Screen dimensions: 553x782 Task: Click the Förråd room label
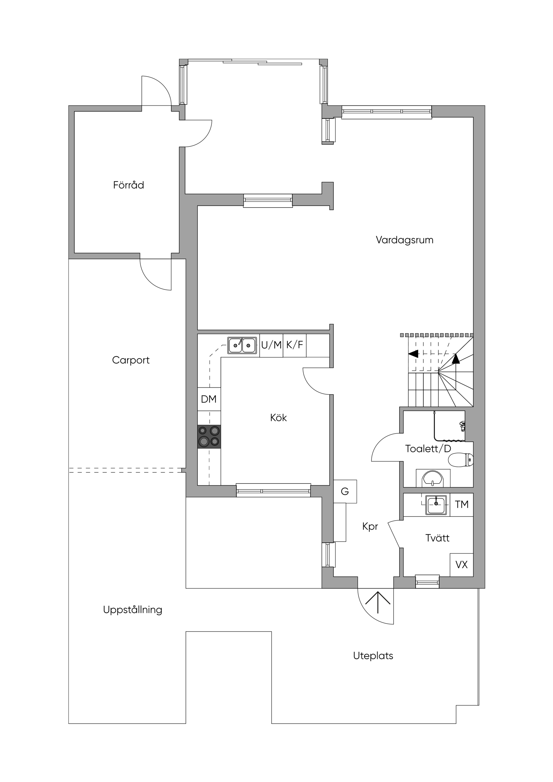click(129, 185)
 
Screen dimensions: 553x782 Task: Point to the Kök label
click(278, 418)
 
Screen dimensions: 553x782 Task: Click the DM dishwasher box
click(209, 399)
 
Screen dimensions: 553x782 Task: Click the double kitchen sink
click(242, 345)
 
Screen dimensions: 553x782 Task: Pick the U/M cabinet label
click(271, 345)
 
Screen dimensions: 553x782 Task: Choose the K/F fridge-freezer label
click(295, 345)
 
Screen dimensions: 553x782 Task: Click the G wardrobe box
click(345, 491)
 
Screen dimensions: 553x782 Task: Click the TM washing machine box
click(462, 504)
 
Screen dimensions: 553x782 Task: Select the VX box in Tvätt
click(462, 565)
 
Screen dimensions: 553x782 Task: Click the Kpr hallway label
click(370, 527)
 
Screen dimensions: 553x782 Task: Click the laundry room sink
click(436, 505)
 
